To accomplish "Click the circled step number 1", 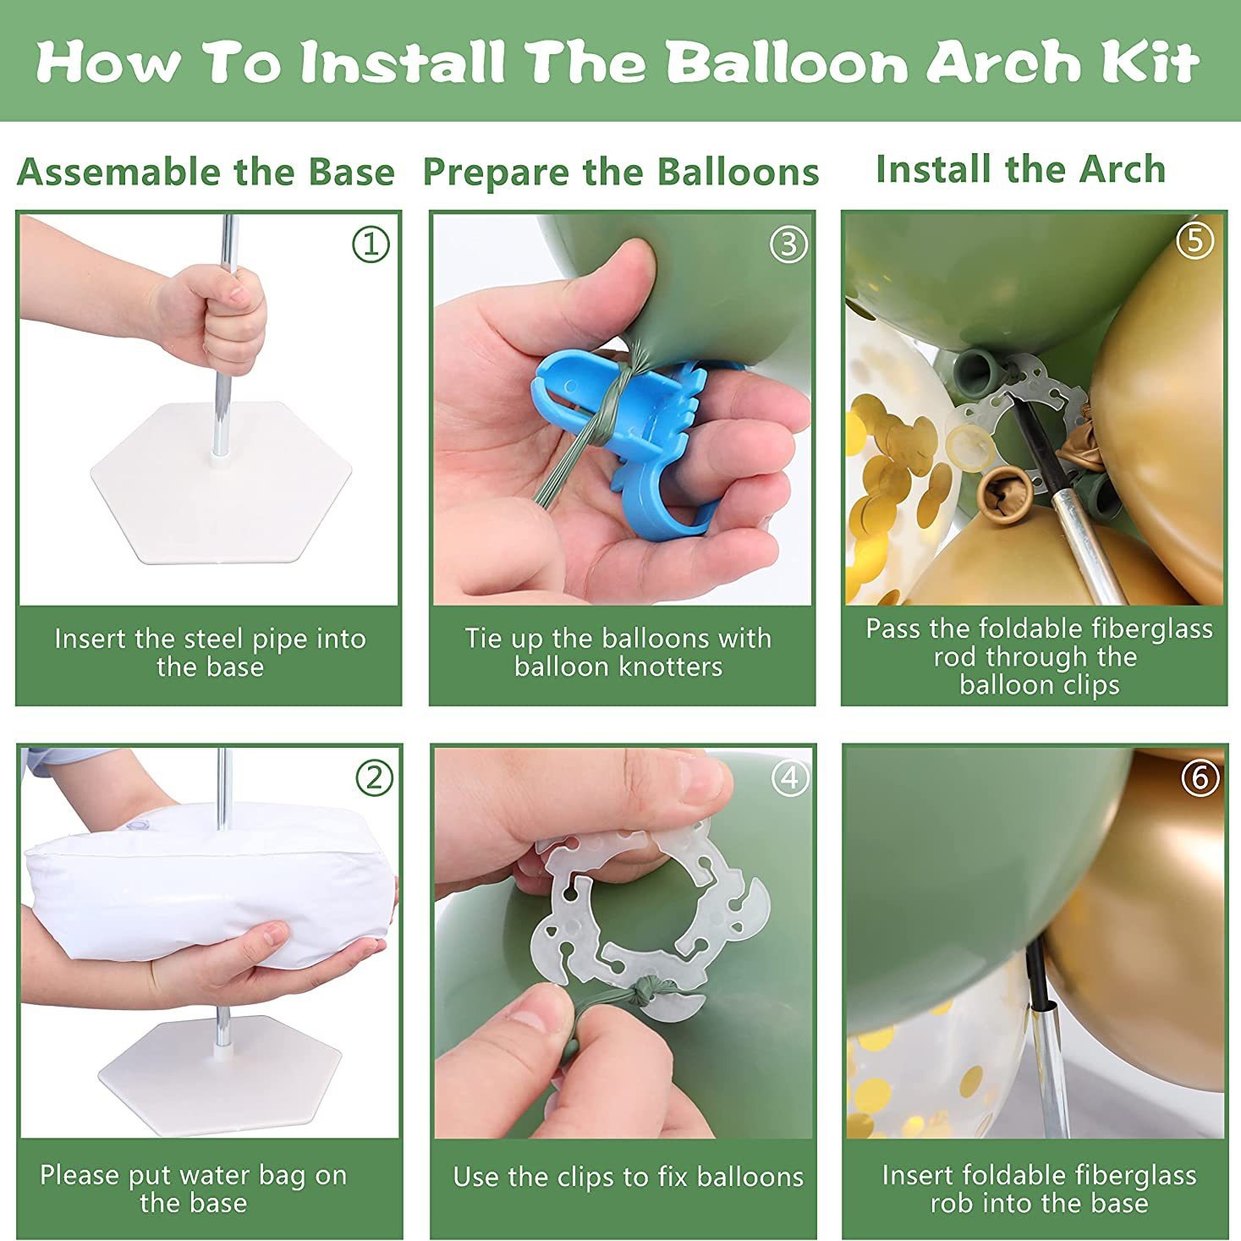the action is point(371,244).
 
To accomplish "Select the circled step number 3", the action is point(788,244).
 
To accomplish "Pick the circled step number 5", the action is point(1195,240).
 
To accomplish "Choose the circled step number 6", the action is point(1200,777).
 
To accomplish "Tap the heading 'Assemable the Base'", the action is point(206,173).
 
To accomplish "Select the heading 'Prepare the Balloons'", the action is point(621,173).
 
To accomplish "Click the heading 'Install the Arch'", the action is point(1021,169).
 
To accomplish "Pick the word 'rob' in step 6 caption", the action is point(951,1203).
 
